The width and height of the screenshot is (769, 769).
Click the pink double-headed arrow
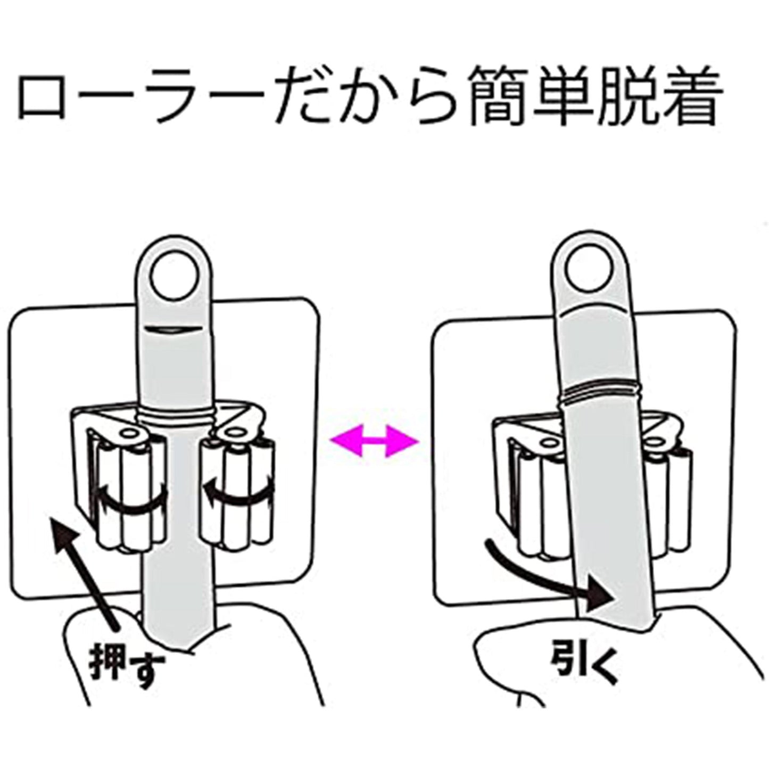pyautogui.click(x=373, y=440)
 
